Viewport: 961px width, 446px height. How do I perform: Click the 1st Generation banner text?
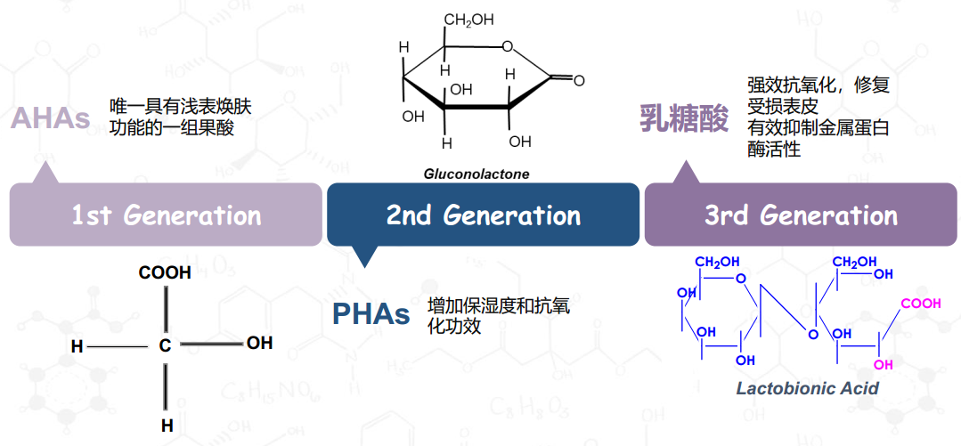[166, 215]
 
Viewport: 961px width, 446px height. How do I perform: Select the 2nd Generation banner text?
[483, 215]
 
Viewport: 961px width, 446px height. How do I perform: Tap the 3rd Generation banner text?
[801, 215]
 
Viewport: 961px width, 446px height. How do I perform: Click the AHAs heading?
[51, 119]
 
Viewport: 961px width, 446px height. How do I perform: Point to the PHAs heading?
[371, 314]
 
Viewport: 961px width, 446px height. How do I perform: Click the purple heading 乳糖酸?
[684, 118]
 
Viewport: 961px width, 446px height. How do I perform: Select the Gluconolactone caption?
[476, 174]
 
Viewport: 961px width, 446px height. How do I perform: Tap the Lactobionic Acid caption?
[807, 388]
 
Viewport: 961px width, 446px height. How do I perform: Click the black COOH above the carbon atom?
[165, 273]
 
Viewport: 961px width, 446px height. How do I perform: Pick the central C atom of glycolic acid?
[165, 347]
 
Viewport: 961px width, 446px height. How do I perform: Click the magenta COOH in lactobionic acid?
[920, 304]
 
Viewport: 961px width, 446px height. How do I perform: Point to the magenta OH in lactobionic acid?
[884, 365]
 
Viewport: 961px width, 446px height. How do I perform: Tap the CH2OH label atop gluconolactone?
[468, 20]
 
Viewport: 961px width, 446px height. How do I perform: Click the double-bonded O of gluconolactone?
[579, 80]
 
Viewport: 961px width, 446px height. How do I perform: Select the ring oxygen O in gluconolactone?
[506, 45]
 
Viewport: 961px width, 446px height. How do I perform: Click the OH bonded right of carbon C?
[259, 343]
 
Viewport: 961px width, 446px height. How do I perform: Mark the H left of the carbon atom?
[77, 347]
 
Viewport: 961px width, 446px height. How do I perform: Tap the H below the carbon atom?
[167, 426]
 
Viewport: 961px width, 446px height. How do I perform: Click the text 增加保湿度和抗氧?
[499, 305]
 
